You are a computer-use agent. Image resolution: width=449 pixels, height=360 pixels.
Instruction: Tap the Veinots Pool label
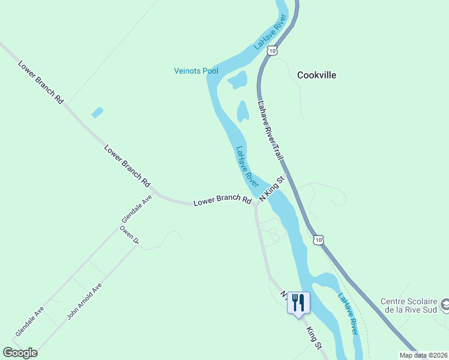tap(196, 71)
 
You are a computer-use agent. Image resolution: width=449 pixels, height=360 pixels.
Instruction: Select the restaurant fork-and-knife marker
tap(298, 302)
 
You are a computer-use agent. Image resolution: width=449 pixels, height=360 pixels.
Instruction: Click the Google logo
tap(20, 353)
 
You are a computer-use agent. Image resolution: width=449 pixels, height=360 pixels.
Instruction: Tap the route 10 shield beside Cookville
tap(273, 52)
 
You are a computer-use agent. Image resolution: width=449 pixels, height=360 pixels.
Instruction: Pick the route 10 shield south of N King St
tap(318, 240)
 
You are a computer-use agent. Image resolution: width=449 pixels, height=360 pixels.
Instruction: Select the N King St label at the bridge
tap(271, 188)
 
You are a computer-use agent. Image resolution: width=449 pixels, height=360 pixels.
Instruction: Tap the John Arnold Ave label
tap(85, 301)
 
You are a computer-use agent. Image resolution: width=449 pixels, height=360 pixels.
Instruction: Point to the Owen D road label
tap(129, 235)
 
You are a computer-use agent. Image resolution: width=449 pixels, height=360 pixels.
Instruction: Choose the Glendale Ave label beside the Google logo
tap(30, 321)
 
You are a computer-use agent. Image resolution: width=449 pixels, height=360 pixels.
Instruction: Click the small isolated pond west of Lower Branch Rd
tap(97, 112)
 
